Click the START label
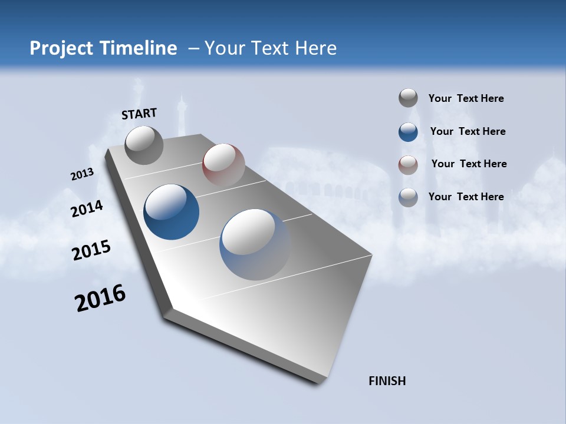139,113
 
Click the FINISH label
387,381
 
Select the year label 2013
82,174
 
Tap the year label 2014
87,208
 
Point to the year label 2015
91,250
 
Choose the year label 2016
100,298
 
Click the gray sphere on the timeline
144,145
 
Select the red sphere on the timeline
223,164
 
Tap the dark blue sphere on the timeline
172,212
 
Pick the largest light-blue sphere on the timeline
255,244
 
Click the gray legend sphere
408,98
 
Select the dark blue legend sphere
408,132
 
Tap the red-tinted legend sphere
408,165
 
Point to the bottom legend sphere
408,197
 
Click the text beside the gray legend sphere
466,98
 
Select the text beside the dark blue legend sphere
468,131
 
